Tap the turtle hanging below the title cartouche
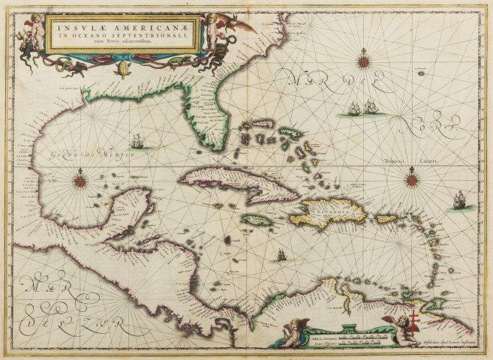click(x=124, y=70)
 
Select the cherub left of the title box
click(x=34, y=31)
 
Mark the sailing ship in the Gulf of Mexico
click(x=137, y=141)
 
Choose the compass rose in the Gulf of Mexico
click(x=80, y=180)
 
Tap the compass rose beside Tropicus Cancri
click(x=411, y=180)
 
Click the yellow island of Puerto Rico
click(x=386, y=219)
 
